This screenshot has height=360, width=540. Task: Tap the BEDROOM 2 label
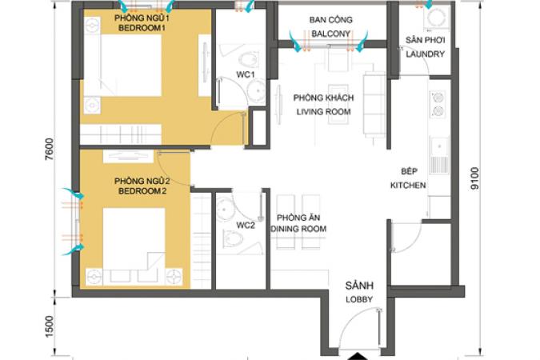[142, 191]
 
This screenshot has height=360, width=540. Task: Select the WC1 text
[246, 74]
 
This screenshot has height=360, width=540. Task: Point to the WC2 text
[246, 226]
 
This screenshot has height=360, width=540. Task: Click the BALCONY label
[331, 34]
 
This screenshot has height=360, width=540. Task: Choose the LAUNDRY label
[426, 54]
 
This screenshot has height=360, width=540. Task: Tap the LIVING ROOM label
[324, 112]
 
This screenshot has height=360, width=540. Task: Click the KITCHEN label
[408, 186]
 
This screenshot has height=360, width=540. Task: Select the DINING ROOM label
[298, 229]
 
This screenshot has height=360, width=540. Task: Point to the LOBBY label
[359, 299]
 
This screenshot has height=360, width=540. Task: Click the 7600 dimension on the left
[50, 150]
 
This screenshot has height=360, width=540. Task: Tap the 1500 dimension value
[50, 326]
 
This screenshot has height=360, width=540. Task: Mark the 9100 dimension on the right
[474, 178]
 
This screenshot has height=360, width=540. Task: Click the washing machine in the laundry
[437, 17]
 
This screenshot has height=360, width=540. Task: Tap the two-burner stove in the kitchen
[438, 104]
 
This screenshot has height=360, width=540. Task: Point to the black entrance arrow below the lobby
[359, 356]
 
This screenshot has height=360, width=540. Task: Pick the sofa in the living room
[374, 104]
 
